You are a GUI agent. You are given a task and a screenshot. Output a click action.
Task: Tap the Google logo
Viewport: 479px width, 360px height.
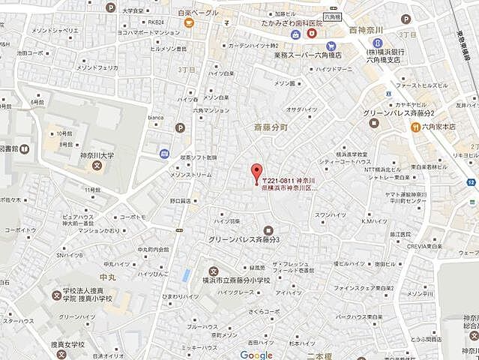(256, 354)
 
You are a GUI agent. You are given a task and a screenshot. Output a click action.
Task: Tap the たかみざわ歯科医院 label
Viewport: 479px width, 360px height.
(277, 25)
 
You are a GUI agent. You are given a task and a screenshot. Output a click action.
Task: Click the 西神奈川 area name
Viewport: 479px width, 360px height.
(367, 29)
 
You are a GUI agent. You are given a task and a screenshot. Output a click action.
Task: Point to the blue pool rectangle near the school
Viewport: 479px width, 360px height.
(185, 274)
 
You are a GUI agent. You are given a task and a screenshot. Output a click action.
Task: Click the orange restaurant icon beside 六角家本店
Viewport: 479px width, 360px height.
(415, 127)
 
